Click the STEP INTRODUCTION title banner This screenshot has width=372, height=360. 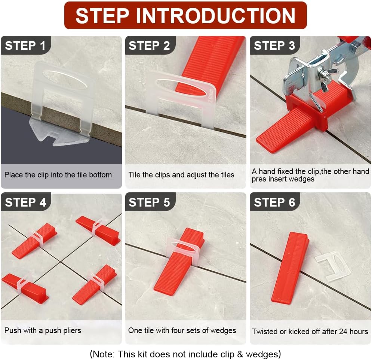coord(185,15)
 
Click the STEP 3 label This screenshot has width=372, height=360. coord(274,46)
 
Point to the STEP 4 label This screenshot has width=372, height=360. coord(26,202)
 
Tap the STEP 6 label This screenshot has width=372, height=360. coord(274,202)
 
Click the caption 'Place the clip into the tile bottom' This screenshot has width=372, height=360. coord(58,175)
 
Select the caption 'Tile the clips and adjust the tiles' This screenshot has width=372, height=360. coord(181,175)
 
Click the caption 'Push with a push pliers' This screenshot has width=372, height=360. coord(43,330)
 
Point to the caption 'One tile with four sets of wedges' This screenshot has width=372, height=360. coord(182,330)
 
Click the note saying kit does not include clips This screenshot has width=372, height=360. coord(185,354)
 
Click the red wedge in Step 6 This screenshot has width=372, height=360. coord(290,268)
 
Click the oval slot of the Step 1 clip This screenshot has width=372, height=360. coord(65,80)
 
